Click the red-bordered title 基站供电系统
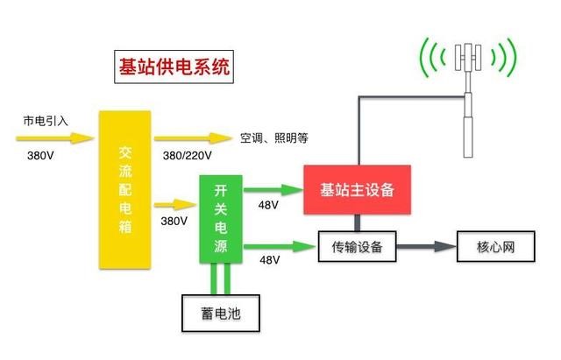[x=175, y=67]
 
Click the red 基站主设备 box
[x=357, y=189]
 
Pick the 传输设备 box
[x=357, y=246]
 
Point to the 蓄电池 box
[x=220, y=313]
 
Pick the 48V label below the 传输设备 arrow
[x=268, y=259]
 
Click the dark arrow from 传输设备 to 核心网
[x=425, y=246]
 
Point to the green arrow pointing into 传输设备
[x=279, y=245]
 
